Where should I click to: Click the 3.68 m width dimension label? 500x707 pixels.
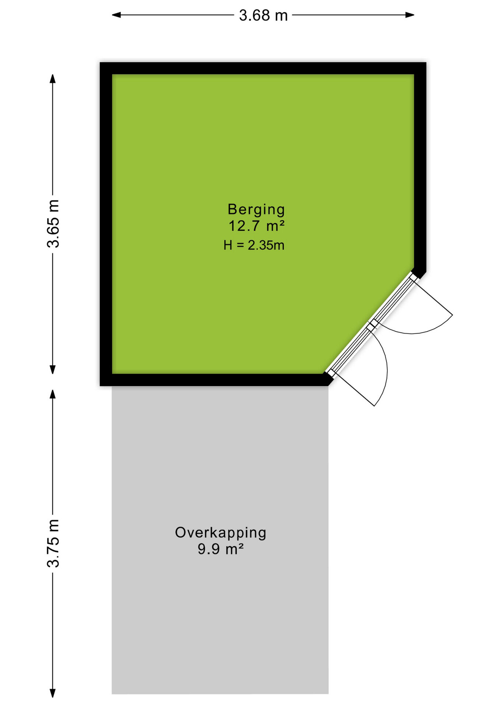pos(263,15)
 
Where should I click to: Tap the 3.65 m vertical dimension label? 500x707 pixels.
pos(53,224)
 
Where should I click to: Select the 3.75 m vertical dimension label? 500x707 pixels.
pos(53,543)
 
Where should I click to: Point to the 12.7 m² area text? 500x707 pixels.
pos(257,226)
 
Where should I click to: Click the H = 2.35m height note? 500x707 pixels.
pos(254,245)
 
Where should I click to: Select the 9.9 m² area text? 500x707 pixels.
pos(221,549)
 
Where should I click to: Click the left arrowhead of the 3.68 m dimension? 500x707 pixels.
pos(116,15)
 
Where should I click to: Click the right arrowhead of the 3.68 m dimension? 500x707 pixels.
pos(410,15)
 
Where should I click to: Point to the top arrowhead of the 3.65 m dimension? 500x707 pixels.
pos(53,78)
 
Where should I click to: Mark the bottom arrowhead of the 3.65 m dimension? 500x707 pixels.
pos(53,370)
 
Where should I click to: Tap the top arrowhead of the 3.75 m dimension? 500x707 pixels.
pos(53,394)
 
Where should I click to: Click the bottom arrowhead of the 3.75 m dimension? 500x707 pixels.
pos(53,693)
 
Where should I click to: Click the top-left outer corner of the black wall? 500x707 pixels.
pos(100,63)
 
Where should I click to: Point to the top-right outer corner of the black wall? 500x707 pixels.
pos(426,63)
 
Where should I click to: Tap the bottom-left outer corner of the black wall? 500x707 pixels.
pos(100,386)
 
